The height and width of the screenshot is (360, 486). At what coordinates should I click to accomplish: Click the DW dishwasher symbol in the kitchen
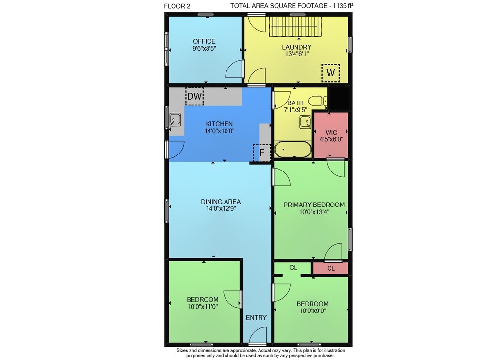point(194,96)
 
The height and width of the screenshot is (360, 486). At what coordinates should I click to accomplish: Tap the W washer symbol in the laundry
point(330,73)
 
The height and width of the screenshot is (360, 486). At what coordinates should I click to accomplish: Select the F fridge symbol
point(262,153)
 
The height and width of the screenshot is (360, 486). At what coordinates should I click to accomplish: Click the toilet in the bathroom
point(318,101)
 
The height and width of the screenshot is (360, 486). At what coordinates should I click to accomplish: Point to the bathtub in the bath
point(293,150)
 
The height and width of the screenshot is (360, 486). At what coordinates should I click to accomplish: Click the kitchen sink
point(175,120)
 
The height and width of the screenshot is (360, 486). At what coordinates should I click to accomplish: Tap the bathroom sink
point(305,122)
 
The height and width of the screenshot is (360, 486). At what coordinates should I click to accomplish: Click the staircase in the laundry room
point(295,26)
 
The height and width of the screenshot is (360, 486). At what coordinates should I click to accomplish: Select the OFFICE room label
point(204,41)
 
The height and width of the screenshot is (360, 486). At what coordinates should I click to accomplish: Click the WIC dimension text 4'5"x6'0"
point(331,139)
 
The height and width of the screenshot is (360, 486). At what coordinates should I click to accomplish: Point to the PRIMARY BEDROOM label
point(314,205)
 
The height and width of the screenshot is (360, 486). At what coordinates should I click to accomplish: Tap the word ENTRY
point(256,318)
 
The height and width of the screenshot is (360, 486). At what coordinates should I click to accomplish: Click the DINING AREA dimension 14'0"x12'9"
point(221,209)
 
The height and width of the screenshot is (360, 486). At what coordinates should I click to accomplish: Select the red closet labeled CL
point(330,268)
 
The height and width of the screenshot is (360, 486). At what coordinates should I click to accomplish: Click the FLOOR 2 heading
point(177,6)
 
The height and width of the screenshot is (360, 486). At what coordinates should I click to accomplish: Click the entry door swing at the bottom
point(258,336)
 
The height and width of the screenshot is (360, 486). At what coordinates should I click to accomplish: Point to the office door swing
point(234,69)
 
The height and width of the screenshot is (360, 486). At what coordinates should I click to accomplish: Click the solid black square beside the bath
point(338,99)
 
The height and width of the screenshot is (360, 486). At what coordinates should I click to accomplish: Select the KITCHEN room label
point(220,124)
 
